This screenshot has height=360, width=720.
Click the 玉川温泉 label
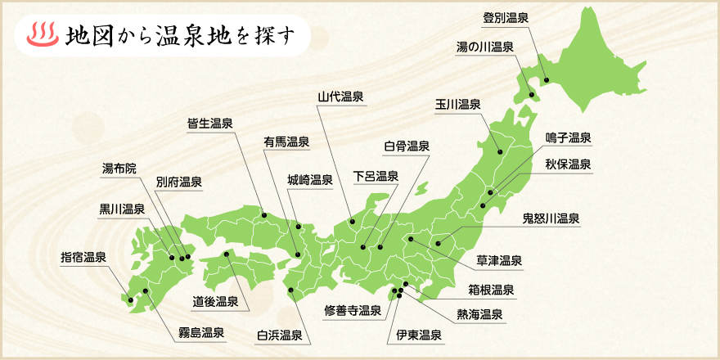tap(457, 104)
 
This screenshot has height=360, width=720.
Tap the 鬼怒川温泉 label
tap(551, 218)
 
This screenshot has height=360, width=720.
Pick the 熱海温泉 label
tap(479, 314)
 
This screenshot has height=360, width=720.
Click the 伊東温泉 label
tap(419, 335)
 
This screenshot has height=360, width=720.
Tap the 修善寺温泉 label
tap(353, 310)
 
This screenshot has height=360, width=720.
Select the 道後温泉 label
tap(215, 302)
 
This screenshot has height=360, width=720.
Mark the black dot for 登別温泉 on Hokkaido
tap(546, 80)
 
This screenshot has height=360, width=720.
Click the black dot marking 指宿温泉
tap(130, 299)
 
